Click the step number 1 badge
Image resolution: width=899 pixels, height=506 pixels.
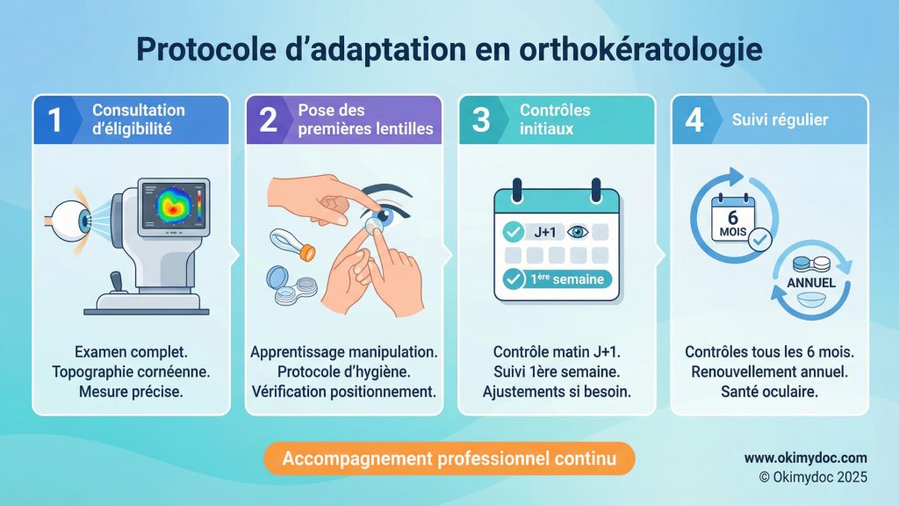point(54,119)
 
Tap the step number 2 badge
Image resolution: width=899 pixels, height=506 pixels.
point(267,119)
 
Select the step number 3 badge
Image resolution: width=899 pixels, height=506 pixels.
point(481,119)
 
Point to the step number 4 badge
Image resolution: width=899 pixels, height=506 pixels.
point(694,119)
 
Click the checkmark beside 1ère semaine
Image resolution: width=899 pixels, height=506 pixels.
point(512,282)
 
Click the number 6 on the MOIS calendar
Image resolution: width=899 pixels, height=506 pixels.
point(730,217)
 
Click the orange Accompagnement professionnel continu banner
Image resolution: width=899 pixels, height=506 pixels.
point(449,458)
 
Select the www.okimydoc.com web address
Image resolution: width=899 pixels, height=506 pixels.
point(805,458)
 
